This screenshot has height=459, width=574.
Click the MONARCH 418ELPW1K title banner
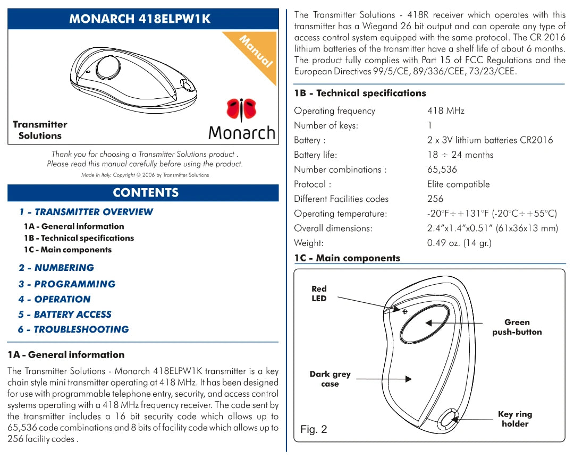[142, 19]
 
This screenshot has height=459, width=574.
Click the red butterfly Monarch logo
[242, 109]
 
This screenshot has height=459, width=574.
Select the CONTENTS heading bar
[142, 192]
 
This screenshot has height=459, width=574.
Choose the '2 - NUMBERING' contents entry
[56, 268]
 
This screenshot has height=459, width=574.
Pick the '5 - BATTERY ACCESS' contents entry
[65, 314]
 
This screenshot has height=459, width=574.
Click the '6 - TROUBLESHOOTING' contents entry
[73, 329]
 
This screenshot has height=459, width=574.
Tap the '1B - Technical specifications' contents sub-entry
[79, 238]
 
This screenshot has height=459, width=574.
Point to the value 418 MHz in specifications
[445, 111]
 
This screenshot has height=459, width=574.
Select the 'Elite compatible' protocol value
[458, 184]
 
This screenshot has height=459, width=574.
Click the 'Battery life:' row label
[315, 155]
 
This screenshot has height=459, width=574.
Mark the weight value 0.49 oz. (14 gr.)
[459, 243]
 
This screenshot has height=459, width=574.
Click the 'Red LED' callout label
[319, 294]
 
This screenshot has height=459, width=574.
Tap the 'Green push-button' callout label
[517, 327]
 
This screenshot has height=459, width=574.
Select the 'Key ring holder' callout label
[514, 419]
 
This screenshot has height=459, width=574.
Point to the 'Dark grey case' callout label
[330, 379]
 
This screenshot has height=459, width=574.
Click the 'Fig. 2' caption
[314, 429]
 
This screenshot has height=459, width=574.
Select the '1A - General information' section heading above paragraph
[66, 355]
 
